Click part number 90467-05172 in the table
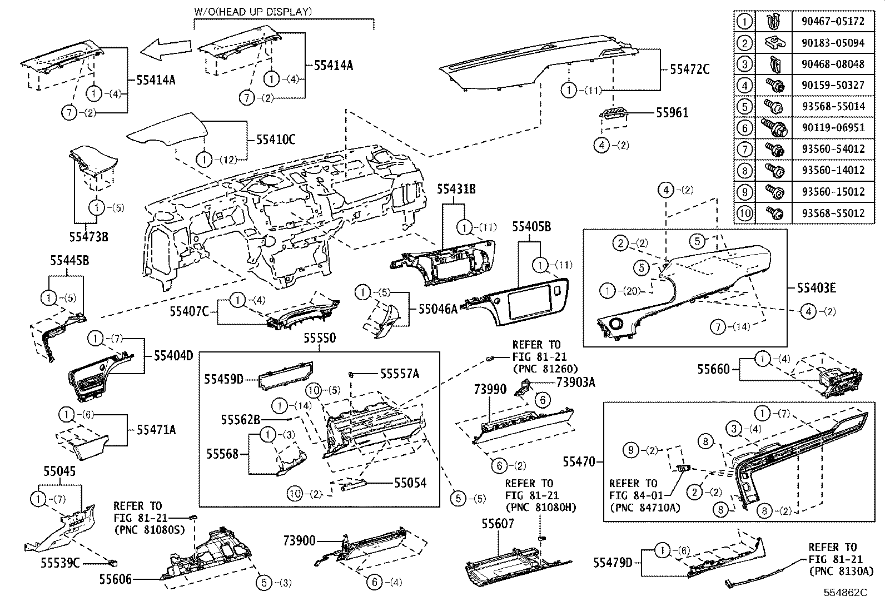click(833, 22)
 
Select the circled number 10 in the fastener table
click(744, 213)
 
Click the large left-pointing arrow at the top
click(165, 49)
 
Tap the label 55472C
click(689, 69)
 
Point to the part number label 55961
click(672, 113)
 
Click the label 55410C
click(276, 139)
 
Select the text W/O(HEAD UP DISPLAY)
click(252, 11)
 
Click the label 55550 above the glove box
click(320, 339)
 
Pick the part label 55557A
click(399, 374)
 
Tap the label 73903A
click(575, 382)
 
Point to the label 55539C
click(59, 563)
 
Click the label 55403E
click(816, 288)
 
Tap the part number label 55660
click(713, 369)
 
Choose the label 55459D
click(223, 379)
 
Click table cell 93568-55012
click(833, 213)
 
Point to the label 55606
click(116, 580)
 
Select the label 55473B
click(89, 237)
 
